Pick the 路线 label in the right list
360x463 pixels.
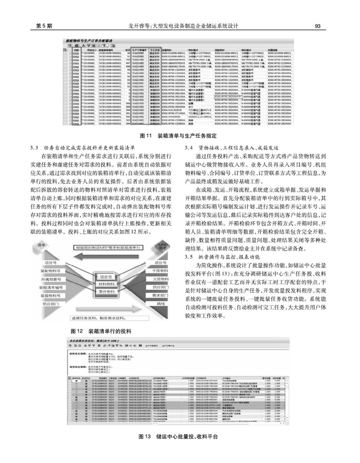160,304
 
